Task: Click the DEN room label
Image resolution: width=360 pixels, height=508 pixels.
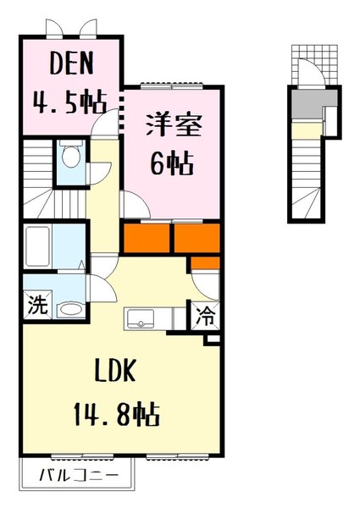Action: click(71, 63)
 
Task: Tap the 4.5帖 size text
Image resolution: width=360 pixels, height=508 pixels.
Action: click(69, 102)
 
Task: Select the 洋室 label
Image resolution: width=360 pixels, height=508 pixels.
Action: click(174, 125)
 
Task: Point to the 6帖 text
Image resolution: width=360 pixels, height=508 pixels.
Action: click(172, 163)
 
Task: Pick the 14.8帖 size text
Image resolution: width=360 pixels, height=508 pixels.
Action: click(117, 414)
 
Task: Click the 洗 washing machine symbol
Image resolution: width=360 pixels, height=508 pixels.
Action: click(37, 305)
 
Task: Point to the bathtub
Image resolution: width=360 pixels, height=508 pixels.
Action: click(38, 246)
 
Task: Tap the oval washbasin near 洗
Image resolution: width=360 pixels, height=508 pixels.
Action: click(70, 310)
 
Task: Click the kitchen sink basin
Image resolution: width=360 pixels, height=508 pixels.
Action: click(141, 318)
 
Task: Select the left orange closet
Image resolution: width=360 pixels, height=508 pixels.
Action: click(147, 238)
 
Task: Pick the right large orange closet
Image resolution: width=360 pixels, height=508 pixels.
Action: click(197, 238)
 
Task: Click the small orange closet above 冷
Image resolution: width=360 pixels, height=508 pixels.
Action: click(205, 263)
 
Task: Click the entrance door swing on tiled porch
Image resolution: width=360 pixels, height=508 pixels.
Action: click(311, 72)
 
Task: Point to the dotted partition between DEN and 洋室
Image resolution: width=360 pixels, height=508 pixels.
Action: click(122, 114)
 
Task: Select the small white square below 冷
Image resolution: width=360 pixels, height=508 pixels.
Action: click(213, 339)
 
